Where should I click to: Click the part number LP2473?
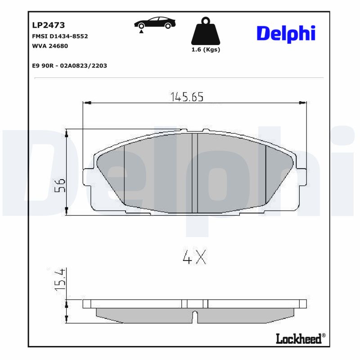click(49, 25)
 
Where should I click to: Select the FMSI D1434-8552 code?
click(59, 36)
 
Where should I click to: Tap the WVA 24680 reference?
click(50, 45)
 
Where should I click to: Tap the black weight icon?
click(206, 31)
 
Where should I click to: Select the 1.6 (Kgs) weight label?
click(206, 49)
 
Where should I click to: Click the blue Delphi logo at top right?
click(286, 33)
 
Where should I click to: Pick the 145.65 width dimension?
click(187, 96)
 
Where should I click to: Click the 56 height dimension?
click(60, 185)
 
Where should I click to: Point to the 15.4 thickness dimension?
click(60, 279)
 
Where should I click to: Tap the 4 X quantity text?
click(194, 257)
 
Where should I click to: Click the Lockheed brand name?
click(298, 338)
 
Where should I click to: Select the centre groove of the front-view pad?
click(195, 173)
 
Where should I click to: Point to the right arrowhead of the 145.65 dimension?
click(304, 103)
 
